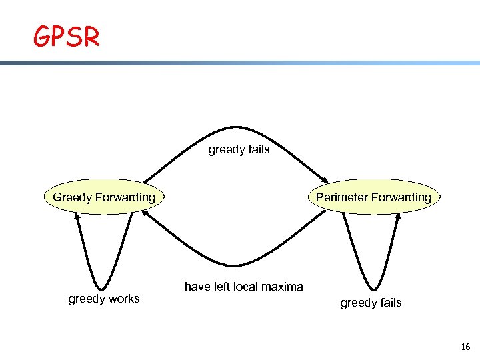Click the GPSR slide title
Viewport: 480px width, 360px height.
67,37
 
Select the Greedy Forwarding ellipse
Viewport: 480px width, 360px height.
104,197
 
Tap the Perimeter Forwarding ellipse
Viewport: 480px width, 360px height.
373,197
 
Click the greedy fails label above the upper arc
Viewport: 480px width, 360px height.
239,149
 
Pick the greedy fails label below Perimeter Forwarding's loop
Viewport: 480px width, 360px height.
371,303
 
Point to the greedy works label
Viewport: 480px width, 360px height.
104,299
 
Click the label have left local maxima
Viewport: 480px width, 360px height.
243,287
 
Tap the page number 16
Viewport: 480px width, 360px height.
465,347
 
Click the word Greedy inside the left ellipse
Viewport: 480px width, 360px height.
73,197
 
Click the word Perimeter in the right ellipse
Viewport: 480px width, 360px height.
341,197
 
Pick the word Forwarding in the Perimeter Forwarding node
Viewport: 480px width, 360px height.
401,197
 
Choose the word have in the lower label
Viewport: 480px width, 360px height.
197,287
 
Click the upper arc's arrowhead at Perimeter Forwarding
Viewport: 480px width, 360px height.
323,177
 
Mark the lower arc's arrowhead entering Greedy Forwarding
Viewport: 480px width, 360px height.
145,214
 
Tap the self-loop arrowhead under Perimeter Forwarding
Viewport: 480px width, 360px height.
398,217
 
